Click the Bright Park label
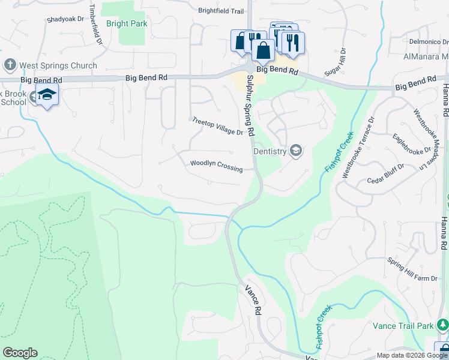tap(127, 24)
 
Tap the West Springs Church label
tap(58, 65)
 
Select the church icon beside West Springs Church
tap(10, 65)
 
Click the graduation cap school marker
tap(47, 95)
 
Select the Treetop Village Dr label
tap(217, 127)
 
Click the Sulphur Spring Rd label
tap(249, 116)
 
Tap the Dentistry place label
tap(270, 151)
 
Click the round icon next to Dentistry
tap(295, 151)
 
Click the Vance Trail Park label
tap(403, 326)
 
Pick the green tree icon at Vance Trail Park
tap(442, 325)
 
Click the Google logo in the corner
tap(19, 353)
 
